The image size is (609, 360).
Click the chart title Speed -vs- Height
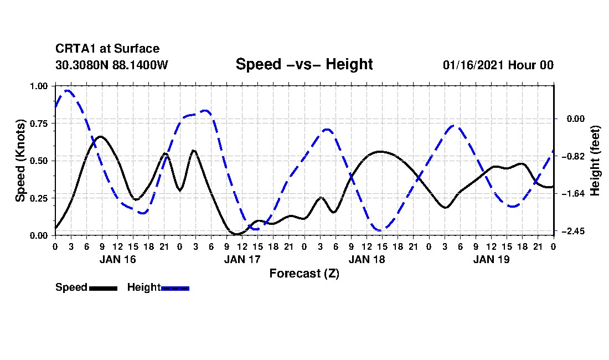pyautogui.click(x=304, y=64)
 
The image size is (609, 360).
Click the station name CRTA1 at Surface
pyautogui.click(x=107, y=49)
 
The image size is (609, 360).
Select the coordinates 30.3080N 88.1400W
pyautogui.click(x=111, y=65)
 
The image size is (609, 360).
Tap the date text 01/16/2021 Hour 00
pyautogui.click(x=498, y=65)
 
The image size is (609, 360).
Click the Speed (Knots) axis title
pyautogui.click(x=20, y=160)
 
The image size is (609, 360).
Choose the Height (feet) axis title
pyautogui.click(x=595, y=160)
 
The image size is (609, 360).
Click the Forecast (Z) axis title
pyautogui.click(x=304, y=273)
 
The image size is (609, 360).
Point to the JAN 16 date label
pyautogui.click(x=117, y=259)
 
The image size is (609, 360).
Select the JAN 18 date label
pyautogui.click(x=367, y=259)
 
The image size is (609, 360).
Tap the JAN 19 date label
pyautogui.click(x=491, y=259)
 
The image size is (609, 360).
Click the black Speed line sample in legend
pyautogui.click(x=103, y=288)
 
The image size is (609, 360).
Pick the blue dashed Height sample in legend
pyautogui.click(x=175, y=288)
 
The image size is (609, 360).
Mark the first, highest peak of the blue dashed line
pyautogui.click(x=68, y=90)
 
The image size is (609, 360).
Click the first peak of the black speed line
pyautogui.click(x=100, y=136)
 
